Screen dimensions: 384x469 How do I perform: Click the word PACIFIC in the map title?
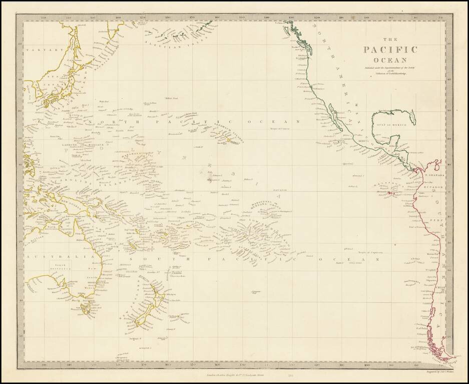[x=390, y=49]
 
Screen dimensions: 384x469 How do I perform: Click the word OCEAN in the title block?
[x=390, y=60]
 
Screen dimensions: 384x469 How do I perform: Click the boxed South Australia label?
[x=60, y=266]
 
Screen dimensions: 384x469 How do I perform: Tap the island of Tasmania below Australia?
[x=86, y=309]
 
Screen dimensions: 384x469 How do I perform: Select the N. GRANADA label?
[x=431, y=175]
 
